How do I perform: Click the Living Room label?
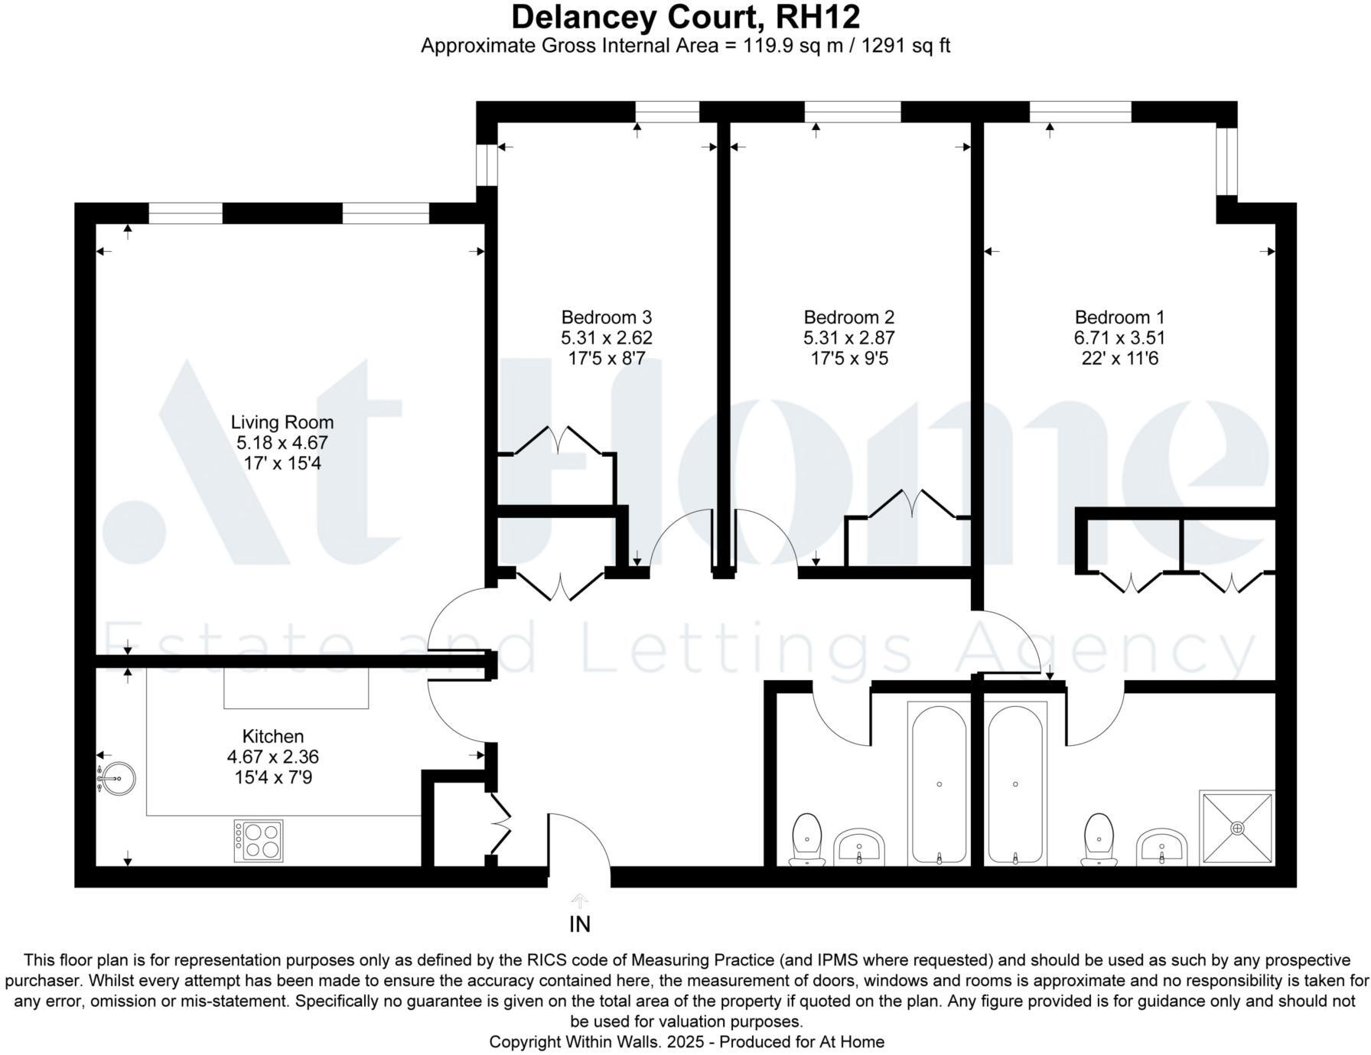[282, 422]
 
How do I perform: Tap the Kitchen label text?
[273, 737]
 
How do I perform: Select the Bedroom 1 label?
[1119, 317]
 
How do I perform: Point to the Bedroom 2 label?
[848, 317]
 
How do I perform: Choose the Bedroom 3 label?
[606, 317]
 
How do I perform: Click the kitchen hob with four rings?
[259, 841]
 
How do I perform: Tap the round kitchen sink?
[119, 779]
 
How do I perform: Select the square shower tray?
[1237, 829]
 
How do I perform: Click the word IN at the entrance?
[580, 925]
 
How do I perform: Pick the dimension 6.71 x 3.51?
[1119, 338]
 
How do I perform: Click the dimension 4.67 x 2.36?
[273, 757]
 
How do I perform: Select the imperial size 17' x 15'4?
[282, 464]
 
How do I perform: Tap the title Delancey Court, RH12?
[685, 17]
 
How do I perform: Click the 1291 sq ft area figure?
[906, 46]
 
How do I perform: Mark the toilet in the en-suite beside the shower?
[1099, 839]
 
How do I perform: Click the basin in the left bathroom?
[859, 847]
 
